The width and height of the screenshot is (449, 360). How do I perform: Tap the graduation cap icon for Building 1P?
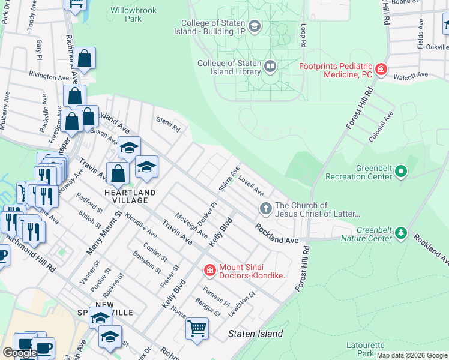click(255, 26)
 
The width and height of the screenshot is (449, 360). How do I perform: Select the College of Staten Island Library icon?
click(270, 65)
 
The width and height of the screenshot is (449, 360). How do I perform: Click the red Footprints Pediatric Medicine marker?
click(380, 70)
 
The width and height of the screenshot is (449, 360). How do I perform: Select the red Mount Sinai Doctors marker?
click(209, 271)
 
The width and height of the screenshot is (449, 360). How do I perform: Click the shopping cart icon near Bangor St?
click(197, 328)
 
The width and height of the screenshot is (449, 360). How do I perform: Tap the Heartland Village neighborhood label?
click(130, 192)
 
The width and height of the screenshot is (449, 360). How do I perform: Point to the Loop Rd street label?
click(305, 36)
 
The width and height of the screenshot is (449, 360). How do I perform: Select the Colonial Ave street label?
click(381, 125)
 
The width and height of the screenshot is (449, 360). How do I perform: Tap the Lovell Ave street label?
click(251, 185)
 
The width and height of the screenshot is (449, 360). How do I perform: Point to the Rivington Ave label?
click(49, 77)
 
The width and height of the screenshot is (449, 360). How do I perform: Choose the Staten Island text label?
click(255, 334)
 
